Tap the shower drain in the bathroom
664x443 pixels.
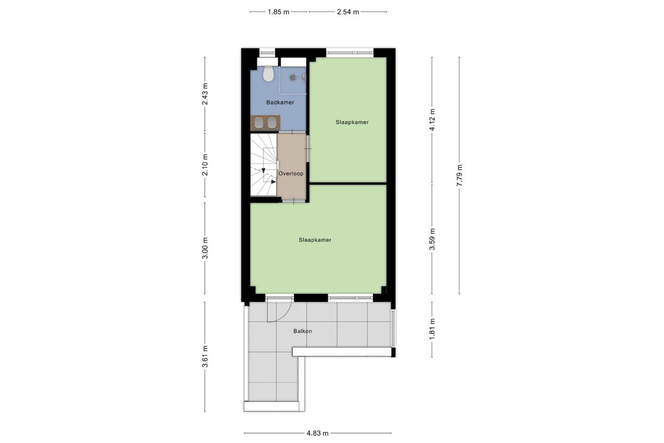click(293, 78)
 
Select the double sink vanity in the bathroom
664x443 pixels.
click(265, 123)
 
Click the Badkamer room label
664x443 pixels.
click(280, 102)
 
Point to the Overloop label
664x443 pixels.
click(291, 174)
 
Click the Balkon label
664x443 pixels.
click(303, 331)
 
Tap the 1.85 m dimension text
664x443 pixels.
click(278, 12)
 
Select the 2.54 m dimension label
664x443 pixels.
click(348, 12)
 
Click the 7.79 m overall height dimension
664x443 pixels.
click(459, 175)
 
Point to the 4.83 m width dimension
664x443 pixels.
click(317, 433)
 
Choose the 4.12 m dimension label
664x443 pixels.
click(432, 119)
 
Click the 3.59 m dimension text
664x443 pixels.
click(432, 239)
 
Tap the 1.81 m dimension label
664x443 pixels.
click(432, 329)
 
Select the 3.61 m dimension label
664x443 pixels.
click(205, 357)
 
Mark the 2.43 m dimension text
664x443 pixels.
click(205, 94)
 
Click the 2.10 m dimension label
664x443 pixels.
click(205, 165)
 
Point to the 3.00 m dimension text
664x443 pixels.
click(205, 248)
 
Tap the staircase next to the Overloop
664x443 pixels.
click(263, 165)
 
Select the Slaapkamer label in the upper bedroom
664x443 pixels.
click(352, 122)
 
